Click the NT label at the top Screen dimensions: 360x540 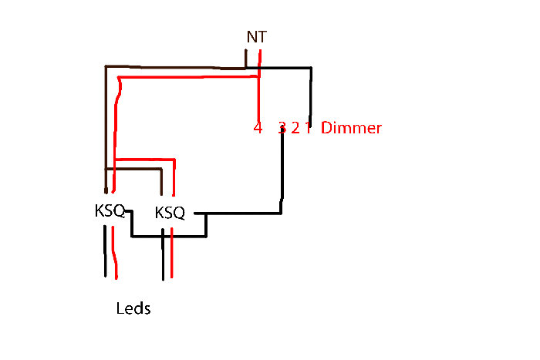click(x=256, y=36)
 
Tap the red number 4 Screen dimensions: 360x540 click(x=258, y=127)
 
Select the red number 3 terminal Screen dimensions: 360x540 click(x=282, y=127)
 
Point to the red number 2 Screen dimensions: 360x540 click(x=295, y=127)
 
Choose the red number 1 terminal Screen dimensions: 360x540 click(x=307, y=127)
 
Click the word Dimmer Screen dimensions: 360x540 click(x=351, y=127)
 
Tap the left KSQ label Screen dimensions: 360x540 click(x=110, y=210)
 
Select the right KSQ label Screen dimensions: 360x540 click(x=170, y=212)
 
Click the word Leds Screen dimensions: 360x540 click(x=133, y=309)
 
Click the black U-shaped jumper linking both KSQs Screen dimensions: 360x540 click(x=170, y=235)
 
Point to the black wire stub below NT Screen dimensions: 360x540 click(x=246, y=59)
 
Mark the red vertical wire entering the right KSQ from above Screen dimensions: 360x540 click(x=176, y=181)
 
